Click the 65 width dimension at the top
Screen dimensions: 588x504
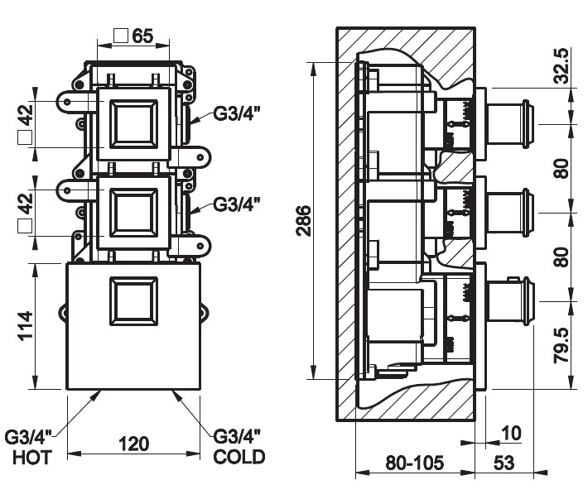(143, 36)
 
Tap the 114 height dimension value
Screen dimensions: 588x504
(27, 325)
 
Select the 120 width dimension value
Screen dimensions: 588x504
(134, 444)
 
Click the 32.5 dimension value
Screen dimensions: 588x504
(561, 66)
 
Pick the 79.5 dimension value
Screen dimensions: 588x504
(561, 345)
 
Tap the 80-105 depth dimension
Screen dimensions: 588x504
(415, 463)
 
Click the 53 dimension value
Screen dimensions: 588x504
(504, 463)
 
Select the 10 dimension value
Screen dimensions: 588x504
(511, 433)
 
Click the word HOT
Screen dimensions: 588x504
(32, 458)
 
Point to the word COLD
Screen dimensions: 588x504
(239, 457)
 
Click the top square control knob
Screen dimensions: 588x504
(133, 124)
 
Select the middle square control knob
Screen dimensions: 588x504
(133, 213)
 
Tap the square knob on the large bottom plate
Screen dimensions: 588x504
(133, 301)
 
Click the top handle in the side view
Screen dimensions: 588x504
(509, 122)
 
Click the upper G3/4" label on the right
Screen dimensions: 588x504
(237, 113)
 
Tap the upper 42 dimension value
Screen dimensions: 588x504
(27, 115)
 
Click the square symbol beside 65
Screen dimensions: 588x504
(121, 36)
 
